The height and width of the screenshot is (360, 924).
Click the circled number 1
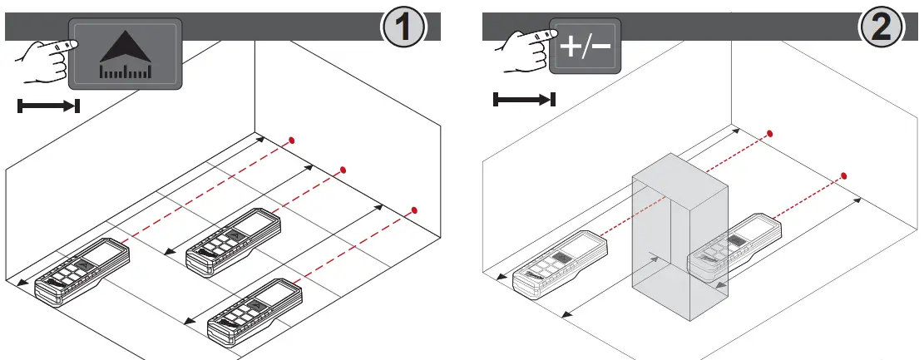click(403, 30)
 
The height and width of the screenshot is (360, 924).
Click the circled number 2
click(880, 30)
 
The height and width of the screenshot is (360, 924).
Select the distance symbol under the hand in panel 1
click(48, 106)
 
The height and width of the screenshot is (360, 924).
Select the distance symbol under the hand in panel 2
click(524, 100)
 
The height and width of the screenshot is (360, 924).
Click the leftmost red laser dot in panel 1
click(291, 140)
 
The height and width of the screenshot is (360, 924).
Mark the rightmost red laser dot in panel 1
click(414, 209)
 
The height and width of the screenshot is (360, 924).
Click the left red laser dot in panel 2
click(771, 133)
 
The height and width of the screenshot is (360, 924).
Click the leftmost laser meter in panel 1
click(79, 266)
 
